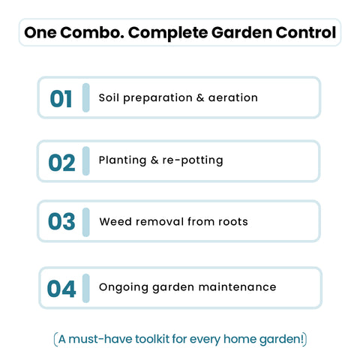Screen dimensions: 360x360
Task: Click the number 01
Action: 61,99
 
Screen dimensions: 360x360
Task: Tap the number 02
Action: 61,162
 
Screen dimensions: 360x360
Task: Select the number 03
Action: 61,222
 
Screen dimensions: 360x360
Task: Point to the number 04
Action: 61,289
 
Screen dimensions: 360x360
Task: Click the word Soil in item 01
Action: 109,97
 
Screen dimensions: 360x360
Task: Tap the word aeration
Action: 232,97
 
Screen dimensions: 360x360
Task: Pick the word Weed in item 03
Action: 114,221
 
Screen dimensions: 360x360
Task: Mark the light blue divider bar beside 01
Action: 85,97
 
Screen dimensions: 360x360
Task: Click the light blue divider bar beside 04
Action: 85,288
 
